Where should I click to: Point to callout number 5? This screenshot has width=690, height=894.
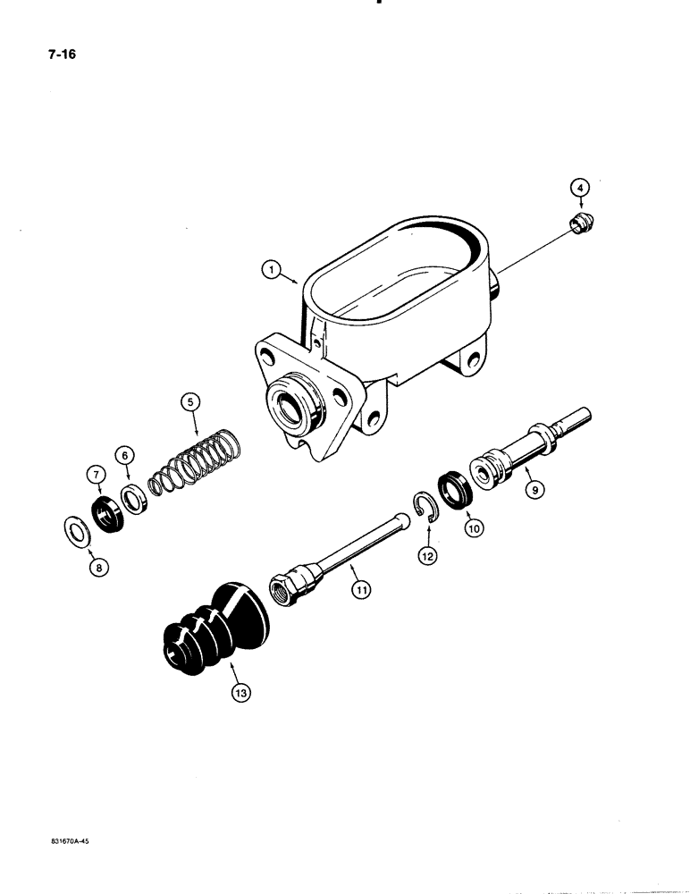[189, 401]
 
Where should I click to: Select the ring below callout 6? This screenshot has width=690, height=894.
[134, 498]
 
